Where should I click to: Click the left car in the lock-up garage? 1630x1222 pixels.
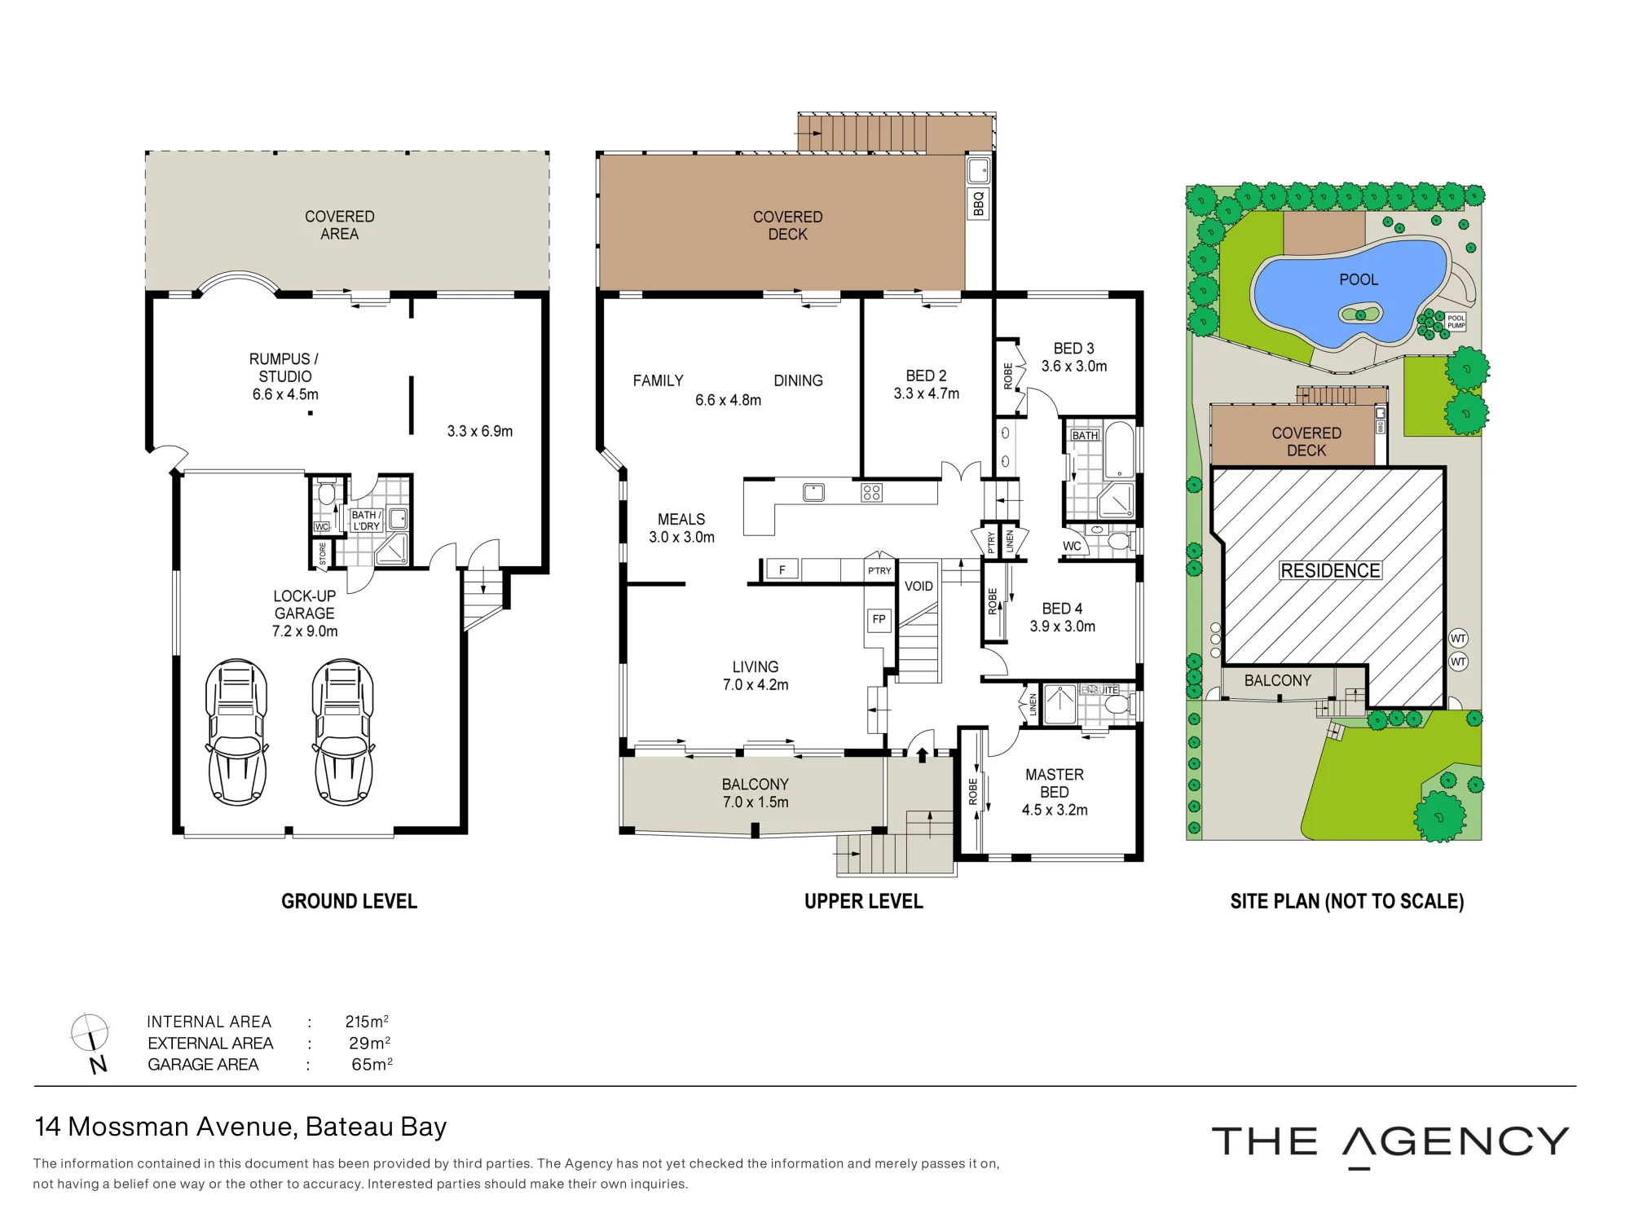(x=236, y=732)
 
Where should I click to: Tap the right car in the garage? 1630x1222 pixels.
(x=343, y=732)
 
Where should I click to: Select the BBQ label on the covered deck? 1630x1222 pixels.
(x=978, y=203)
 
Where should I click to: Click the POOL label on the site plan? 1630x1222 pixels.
(x=1359, y=279)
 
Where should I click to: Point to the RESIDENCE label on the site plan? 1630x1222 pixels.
(x=1330, y=570)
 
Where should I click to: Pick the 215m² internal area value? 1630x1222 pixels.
(x=367, y=1022)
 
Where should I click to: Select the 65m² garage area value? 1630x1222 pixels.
(x=372, y=1064)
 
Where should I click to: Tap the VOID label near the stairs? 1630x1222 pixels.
(x=919, y=586)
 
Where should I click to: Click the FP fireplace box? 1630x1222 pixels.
(x=879, y=619)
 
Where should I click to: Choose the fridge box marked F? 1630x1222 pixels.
(x=782, y=569)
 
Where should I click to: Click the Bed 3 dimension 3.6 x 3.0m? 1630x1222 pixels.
(x=1074, y=367)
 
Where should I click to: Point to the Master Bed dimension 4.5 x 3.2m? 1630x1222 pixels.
(x=1055, y=810)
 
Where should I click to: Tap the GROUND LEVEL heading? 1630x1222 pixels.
(x=349, y=901)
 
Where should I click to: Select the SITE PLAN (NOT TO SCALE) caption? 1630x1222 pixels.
(x=1347, y=901)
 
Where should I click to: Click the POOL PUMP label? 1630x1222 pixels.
(x=1456, y=322)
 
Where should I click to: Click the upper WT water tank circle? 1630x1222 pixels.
(x=1458, y=639)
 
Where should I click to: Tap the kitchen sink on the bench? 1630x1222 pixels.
(x=813, y=492)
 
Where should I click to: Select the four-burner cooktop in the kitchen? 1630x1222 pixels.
(x=871, y=492)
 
